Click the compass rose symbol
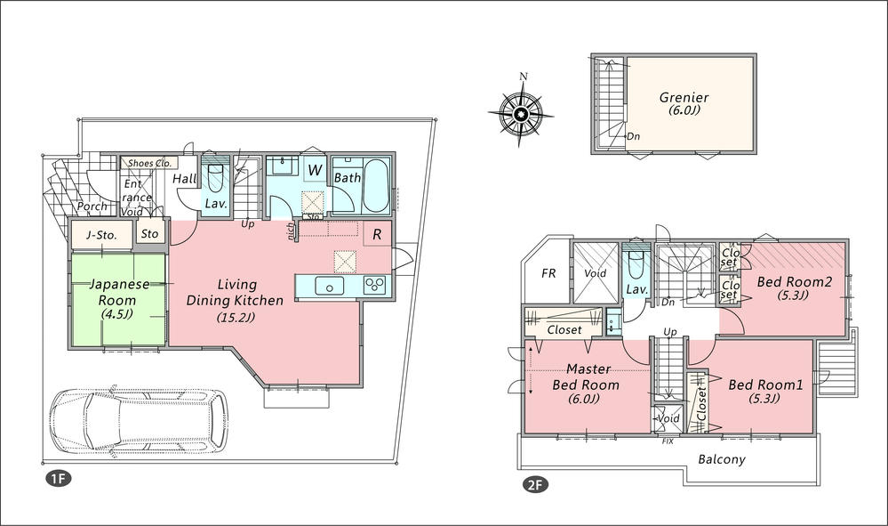pos(522,114)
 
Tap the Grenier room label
pos(684,104)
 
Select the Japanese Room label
pos(116,299)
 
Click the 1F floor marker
pos(58,479)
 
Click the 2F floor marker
pos(535,486)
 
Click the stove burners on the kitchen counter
pos(375,285)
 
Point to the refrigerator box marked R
pos(377,236)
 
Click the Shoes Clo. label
pos(149,164)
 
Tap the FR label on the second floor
pos(549,273)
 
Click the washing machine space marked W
pos(315,169)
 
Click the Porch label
pos(92,206)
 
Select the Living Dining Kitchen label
pos(236,300)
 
